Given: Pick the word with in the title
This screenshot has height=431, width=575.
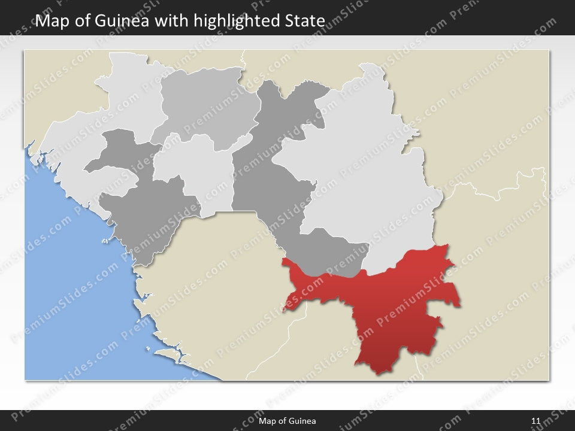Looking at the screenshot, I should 170,22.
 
